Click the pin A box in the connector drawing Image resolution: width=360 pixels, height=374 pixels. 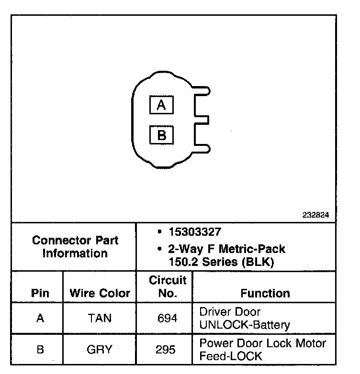pos(161,105)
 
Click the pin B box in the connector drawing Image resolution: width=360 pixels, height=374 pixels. pos(161,135)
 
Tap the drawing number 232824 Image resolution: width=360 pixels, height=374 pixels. pos(315,215)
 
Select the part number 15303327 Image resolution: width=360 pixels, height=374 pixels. pos(195,232)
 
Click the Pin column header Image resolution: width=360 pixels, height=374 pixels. pos(40,293)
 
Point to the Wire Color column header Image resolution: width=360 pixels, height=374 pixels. pos(100,293)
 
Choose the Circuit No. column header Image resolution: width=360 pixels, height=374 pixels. pos(168,286)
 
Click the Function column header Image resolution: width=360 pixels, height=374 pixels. pos(265,293)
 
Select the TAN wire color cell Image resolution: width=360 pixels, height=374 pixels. pos(100,319)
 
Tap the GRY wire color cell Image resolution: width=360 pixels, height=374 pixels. pos(100,350)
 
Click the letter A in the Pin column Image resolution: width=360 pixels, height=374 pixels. pos(40,319)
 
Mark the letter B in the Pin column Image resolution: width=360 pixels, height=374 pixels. pos(40,350)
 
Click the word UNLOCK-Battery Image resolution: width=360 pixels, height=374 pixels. pos(245,325)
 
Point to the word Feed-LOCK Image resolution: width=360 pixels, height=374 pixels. pos(231,356)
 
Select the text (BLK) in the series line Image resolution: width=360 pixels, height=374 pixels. pos(261,262)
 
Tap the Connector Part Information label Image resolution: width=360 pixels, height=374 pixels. pos(75,247)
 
